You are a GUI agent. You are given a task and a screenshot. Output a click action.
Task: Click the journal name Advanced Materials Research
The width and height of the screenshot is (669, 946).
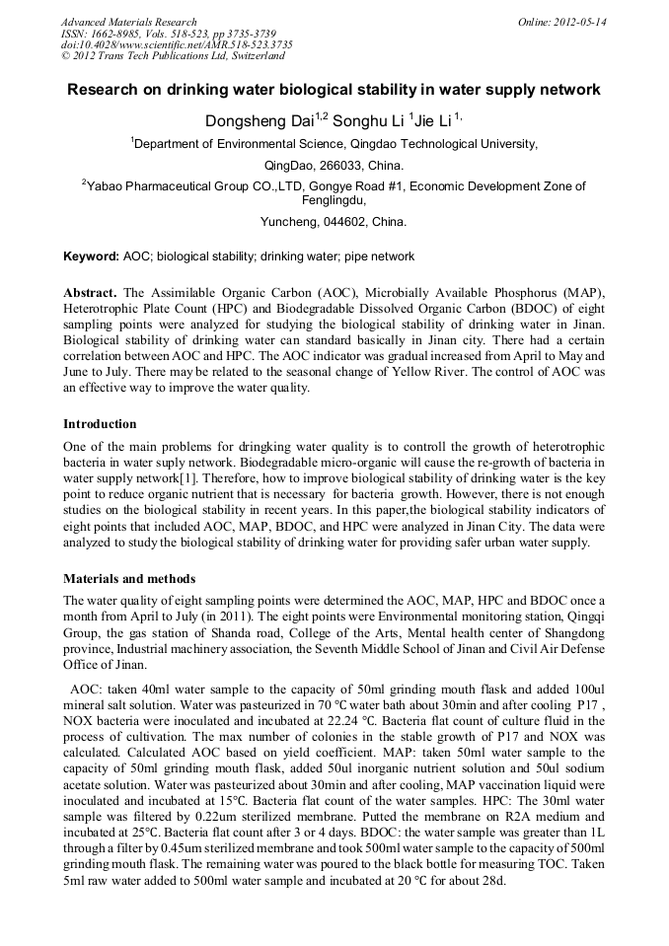pos(128,22)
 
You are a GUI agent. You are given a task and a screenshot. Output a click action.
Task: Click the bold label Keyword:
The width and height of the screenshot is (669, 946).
pos(91,256)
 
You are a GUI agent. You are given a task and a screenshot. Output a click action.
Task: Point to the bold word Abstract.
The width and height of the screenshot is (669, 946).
pos(90,294)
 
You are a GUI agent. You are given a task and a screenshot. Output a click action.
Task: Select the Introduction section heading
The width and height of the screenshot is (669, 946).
pos(101,423)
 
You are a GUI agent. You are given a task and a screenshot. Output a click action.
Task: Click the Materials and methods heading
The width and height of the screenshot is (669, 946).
pos(129,578)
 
